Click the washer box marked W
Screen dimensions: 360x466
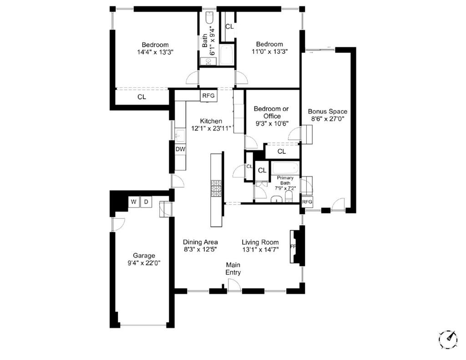(133, 202)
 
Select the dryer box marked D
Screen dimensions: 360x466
(146, 202)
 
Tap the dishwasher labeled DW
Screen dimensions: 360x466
(180, 149)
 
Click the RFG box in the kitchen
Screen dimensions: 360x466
(208, 96)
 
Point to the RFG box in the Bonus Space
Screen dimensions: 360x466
(307, 202)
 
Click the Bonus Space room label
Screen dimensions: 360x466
(327, 111)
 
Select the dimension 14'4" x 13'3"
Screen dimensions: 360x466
(155, 52)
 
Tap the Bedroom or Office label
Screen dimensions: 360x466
(271, 112)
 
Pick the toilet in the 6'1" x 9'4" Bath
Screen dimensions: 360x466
(209, 18)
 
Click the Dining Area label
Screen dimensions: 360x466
(200, 242)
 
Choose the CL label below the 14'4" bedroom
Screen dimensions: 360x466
(142, 96)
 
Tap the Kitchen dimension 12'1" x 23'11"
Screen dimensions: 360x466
(211, 128)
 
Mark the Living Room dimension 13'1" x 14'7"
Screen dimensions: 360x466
(260, 249)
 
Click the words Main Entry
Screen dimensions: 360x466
(233, 269)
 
